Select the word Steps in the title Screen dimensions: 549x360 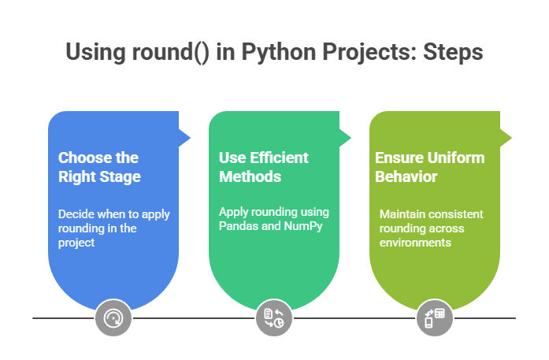tap(453, 53)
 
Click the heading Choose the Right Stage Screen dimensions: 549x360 tap(99, 167)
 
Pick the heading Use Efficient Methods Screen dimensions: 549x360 tap(264, 167)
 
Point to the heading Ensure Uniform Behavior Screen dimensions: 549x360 tap(430, 167)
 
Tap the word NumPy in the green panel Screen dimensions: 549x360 tap(303, 226)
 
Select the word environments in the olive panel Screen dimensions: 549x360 tap(415, 243)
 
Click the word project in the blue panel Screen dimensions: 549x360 tap(76, 243)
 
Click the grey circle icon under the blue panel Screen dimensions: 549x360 tap(113, 317)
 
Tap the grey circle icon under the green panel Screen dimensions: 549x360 tap(274, 317)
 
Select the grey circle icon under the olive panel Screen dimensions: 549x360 tap(435, 317)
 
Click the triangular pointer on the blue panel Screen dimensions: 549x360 tap(184, 138)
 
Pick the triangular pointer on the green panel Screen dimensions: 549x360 tap(345, 138)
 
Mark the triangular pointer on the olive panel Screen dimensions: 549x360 tap(506, 138)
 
